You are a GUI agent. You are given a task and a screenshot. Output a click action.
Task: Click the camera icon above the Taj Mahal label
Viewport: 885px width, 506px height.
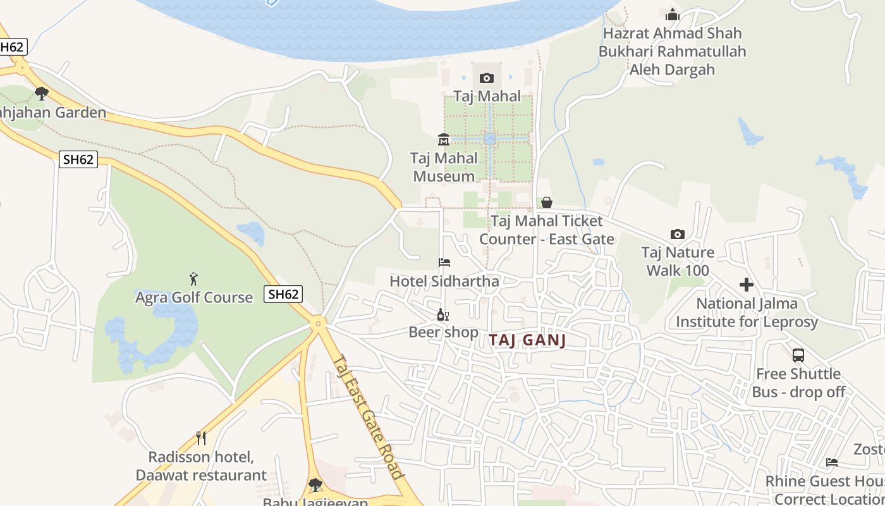click(486, 78)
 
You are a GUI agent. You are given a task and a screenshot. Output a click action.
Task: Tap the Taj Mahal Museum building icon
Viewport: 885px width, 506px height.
click(443, 139)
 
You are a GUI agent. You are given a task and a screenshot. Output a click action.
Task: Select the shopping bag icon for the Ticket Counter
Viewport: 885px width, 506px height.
click(547, 202)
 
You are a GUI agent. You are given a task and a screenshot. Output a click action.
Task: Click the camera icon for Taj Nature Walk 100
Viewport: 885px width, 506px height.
click(678, 234)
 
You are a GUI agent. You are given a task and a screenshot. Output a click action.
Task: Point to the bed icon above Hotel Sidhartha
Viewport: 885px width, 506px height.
click(444, 262)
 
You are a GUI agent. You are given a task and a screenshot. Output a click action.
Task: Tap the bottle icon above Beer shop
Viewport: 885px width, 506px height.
click(442, 314)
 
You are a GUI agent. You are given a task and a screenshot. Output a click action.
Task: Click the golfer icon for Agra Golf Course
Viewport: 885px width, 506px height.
click(193, 278)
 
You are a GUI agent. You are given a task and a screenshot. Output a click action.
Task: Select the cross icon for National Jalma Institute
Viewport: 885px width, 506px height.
click(747, 285)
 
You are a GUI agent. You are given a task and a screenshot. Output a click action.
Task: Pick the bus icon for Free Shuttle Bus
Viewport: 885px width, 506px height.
click(798, 355)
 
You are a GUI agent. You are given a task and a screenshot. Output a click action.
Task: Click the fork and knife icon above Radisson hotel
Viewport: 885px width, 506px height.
click(201, 438)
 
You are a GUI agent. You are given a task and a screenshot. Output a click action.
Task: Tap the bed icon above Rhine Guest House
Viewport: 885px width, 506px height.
click(832, 462)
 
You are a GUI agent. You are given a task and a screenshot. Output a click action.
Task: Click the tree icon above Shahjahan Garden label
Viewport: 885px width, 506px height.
click(42, 94)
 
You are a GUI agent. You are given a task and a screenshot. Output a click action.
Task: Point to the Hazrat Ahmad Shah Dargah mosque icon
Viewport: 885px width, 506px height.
click(672, 14)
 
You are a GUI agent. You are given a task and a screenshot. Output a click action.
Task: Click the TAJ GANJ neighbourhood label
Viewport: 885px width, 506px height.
click(527, 340)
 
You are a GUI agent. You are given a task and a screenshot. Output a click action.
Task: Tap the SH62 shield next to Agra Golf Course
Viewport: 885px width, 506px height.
click(283, 293)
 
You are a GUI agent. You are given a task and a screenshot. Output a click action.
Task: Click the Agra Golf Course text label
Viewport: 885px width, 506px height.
click(193, 297)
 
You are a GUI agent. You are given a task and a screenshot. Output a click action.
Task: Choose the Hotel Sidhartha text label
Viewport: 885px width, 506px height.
click(444, 281)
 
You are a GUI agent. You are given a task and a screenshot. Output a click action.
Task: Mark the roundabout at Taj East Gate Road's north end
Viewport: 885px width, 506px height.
click(319, 323)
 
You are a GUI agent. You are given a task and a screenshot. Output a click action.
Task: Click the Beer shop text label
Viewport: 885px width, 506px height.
click(443, 331)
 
